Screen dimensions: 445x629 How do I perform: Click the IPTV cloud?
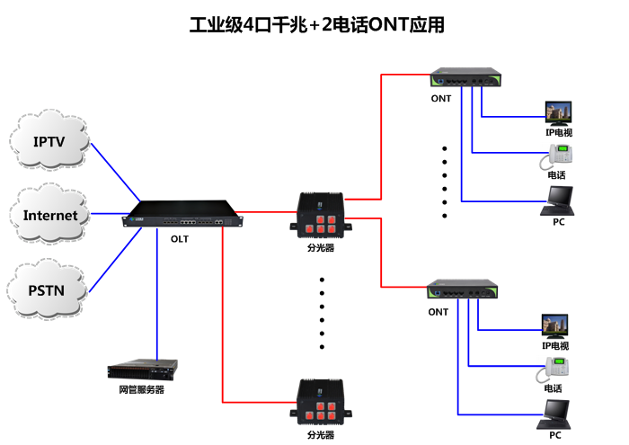click(50, 142)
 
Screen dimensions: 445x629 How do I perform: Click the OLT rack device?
click(183, 219)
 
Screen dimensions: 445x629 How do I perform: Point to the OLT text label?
click(180, 239)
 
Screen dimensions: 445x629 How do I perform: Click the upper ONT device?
click(465, 78)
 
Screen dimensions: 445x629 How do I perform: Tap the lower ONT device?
click(463, 289)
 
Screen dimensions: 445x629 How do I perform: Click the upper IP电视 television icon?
click(558, 113)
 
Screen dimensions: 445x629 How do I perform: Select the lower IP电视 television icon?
click(554, 325)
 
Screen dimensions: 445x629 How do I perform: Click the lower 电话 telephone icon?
click(556, 368)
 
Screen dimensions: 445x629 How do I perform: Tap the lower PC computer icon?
click(555, 413)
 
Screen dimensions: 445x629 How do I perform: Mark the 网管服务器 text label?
click(141, 390)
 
